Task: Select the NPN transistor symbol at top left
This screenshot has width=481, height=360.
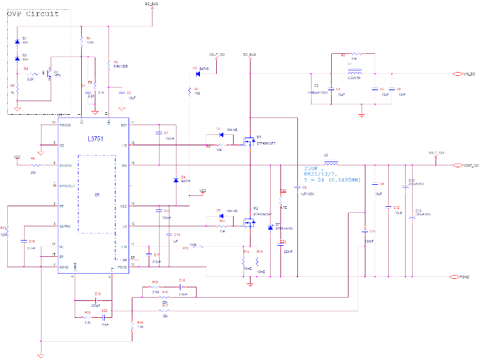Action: click(49, 75)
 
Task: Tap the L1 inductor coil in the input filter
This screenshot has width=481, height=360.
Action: click(354, 73)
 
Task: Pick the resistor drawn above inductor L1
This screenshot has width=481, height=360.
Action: click(354, 55)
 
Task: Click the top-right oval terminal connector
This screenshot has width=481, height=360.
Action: click(457, 74)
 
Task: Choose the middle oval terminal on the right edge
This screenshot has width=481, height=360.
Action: click(457, 165)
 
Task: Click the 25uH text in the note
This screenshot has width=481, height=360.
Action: click(312, 169)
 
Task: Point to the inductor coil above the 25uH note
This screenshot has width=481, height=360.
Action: click(330, 163)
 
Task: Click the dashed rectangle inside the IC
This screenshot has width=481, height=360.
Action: click(97, 194)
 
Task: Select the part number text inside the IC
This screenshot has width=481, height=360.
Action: click(95, 138)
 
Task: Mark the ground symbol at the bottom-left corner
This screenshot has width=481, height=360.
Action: click(41, 354)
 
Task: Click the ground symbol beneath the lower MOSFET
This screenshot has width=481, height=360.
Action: click(251, 283)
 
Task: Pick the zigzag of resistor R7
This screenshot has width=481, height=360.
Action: click(190, 93)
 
